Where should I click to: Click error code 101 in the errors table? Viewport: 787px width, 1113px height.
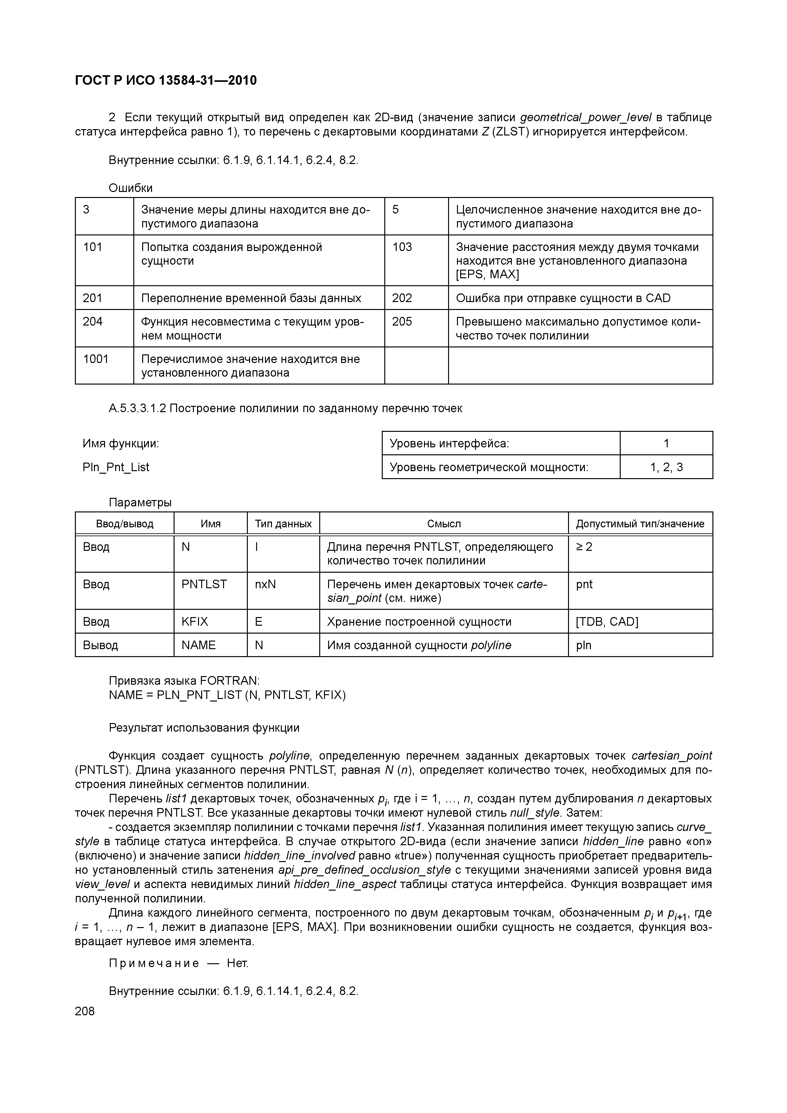[93, 247]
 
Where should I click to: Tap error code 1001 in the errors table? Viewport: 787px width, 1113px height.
[96, 359]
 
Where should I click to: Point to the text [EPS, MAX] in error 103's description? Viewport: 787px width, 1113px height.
[487, 274]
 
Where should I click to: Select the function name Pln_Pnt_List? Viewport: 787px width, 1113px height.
[116, 467]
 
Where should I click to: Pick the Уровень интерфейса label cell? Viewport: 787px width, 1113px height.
[449, 443]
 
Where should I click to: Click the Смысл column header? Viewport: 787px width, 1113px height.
[443, 524]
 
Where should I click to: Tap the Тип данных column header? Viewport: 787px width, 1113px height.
[283, 524]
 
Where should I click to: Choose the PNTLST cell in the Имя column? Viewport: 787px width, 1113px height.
[204, 584]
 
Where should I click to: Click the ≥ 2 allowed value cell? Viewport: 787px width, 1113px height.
[584, 547]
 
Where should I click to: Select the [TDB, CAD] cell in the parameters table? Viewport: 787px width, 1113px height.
[607, 622]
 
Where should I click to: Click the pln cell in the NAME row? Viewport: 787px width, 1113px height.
[584, 645]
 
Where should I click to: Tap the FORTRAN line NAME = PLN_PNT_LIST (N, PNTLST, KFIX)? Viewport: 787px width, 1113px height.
[227, 695]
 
